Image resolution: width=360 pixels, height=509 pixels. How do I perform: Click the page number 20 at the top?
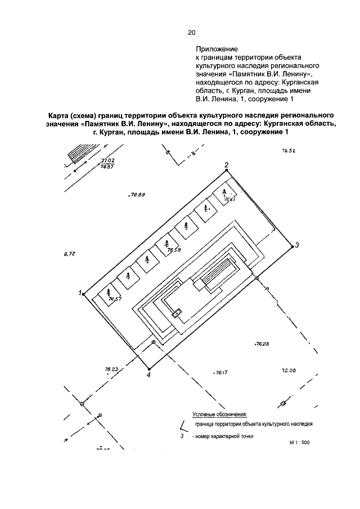[x=191, y=33]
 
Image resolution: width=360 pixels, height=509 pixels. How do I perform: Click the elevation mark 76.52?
[x=289, y=151]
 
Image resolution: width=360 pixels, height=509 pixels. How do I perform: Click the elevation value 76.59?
[x=173, y=250]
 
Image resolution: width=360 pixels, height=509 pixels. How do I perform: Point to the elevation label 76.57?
[x=115, y=299]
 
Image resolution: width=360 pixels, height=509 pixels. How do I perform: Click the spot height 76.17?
[x=220, y=372]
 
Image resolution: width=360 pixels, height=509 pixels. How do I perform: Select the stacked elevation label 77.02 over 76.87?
[x=107, y=164]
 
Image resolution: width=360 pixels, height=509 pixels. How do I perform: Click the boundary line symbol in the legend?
[x=182, y=426]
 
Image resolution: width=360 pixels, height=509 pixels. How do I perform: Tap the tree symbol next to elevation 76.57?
[x=108, y=292]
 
